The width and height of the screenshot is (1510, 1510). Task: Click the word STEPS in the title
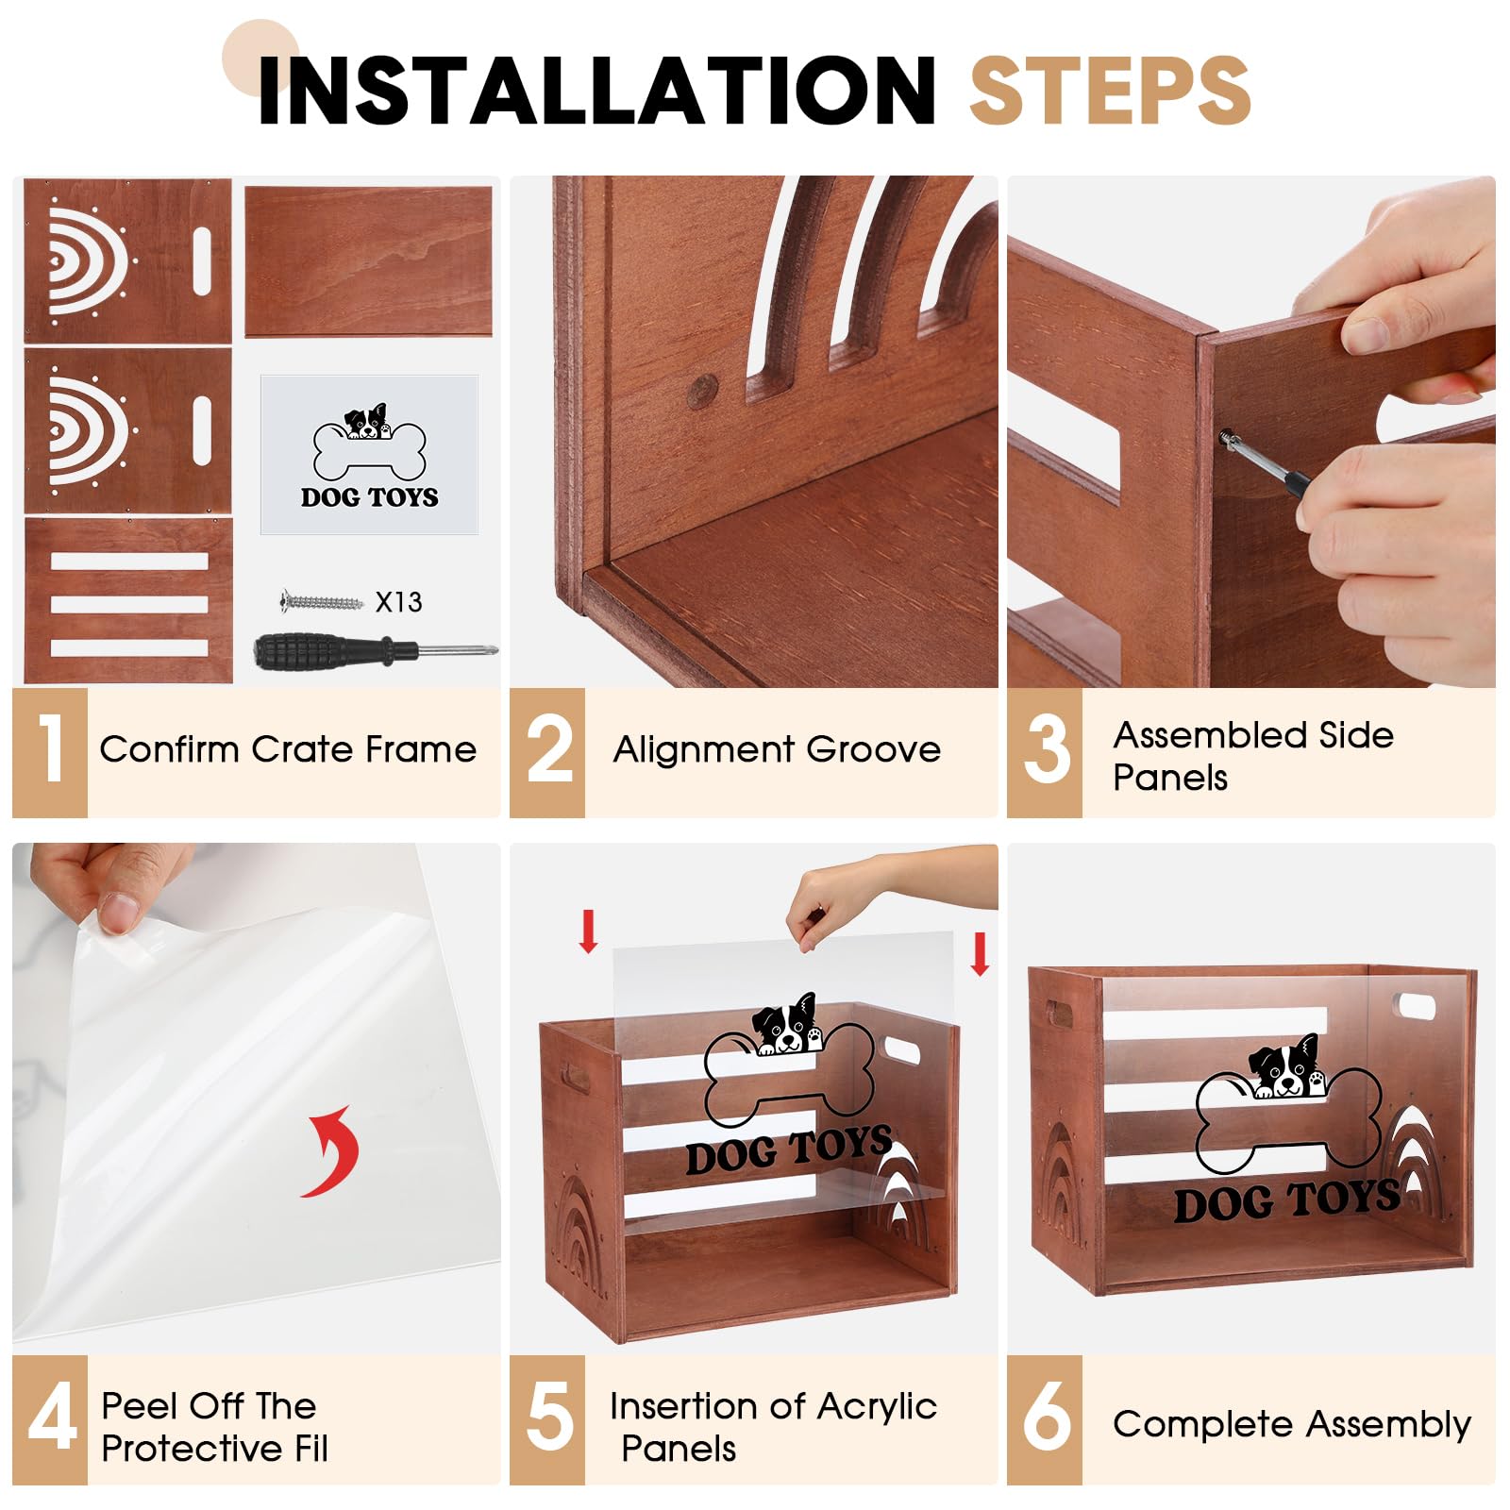point(1110,90)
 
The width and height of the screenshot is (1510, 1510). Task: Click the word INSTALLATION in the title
point(596,90)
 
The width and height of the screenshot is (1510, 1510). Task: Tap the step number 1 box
point(50,752)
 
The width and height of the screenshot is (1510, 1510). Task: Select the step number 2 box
point(547,752)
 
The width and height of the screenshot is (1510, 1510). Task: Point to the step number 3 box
point(1045,752)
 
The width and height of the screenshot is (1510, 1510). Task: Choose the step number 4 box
point(50,1419)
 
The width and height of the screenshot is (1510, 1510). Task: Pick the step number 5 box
point(547,1419)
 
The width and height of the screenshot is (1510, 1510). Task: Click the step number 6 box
point(1045,1419)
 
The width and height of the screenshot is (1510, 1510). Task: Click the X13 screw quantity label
point(398,602)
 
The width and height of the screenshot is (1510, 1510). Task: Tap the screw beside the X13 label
point(322,600)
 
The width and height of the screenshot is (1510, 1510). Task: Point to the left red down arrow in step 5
point(589,931)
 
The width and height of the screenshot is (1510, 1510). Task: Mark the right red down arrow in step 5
point(980,953)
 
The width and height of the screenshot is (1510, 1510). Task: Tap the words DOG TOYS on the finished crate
point(1286,1201)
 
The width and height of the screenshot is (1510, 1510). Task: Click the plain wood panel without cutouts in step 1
point(369,260)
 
